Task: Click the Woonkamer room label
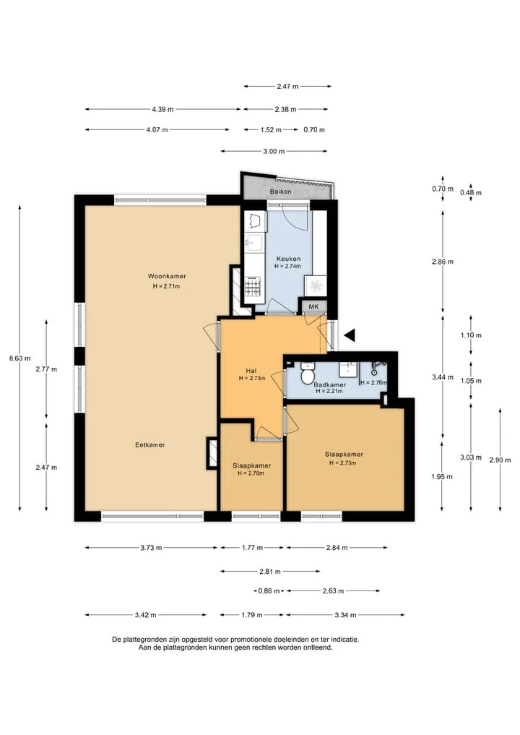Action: point(167,276)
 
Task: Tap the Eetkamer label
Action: point(150,445)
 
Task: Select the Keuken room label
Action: point(288,259)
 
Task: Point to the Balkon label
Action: point(281,192)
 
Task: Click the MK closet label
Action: point(313,306)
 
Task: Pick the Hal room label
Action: point(251,371)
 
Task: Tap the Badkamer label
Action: point(330,384)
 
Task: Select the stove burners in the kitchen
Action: point(253,286)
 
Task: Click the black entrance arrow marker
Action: point(350,335)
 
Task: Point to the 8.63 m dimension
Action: point(19,358)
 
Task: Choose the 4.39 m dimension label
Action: point(162,109)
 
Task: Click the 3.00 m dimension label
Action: point(274,151)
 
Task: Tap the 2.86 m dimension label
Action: point(443,262)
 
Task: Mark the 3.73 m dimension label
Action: point(151,548)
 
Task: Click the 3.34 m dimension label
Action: point(345,615)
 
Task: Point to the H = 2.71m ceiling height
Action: point(166,286)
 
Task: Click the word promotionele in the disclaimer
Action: point(251,640)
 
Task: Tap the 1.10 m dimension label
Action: point(471,335)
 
